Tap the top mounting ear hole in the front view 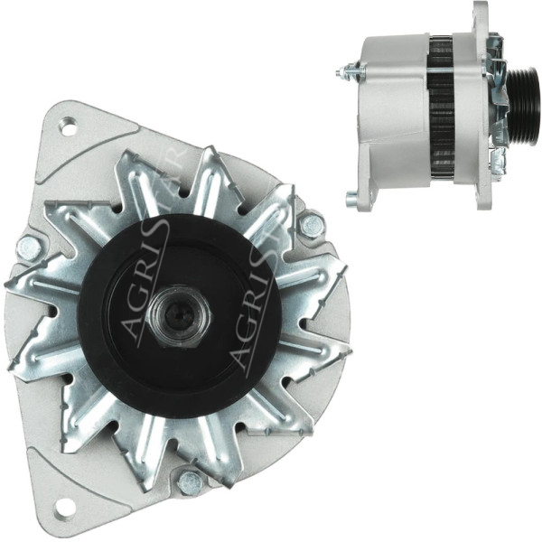point(68,126)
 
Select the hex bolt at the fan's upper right point(312,225)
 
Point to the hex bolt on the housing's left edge point(29,246)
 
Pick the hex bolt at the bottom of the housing point(190,482)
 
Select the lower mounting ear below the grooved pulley point(496,163)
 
